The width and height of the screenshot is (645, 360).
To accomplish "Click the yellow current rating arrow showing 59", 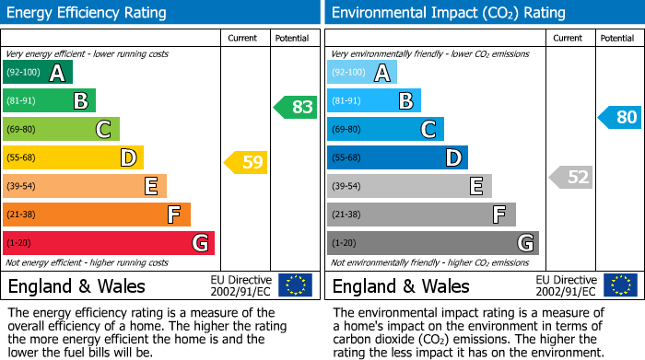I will tap(245, 163).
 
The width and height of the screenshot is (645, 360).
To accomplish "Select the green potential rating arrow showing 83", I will tap(295, 107).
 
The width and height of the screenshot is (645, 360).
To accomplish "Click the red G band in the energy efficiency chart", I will tap(108, 243).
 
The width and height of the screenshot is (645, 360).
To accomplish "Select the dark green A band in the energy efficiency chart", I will tap(37, 73).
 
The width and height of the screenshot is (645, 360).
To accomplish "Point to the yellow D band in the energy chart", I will tap(73, 157).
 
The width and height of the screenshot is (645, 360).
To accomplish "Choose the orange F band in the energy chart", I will tap(96, 215).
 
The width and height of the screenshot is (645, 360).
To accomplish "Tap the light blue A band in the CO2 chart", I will tap(361, 73).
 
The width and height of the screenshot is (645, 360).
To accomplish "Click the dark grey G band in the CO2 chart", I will tap(432, 243).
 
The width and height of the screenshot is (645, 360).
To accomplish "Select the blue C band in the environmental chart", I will tap(385, 129).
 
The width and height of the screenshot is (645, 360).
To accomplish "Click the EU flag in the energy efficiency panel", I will tap(295, 285).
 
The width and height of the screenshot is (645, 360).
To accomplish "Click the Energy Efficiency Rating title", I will tap(88, 13).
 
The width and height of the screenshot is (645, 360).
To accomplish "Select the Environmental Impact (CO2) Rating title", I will tap(448, 13).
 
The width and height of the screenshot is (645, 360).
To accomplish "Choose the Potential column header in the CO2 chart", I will tap(617, 38).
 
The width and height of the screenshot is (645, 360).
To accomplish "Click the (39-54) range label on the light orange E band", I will tap(21, 187).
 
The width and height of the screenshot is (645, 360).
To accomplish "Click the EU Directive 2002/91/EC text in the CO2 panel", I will tap(566, 285).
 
